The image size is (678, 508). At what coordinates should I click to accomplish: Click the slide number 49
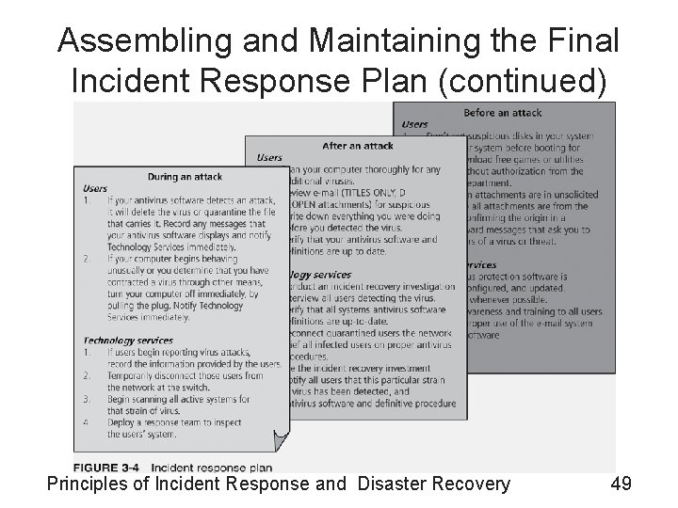[621, 484]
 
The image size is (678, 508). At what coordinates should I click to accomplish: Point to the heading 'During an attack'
[184, 176]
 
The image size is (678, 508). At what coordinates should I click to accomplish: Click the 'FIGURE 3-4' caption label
[108, 467]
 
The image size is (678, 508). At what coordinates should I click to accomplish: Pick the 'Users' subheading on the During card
[96, 188]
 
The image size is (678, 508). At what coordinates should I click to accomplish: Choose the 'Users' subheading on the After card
[268, 158]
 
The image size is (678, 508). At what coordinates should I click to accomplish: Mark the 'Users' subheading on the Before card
[415, 124]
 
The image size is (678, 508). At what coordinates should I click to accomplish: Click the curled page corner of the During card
[279, 438]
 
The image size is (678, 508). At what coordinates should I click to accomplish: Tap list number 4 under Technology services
[87, 422]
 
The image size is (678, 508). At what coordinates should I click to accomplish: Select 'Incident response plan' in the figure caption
[211, 467]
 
